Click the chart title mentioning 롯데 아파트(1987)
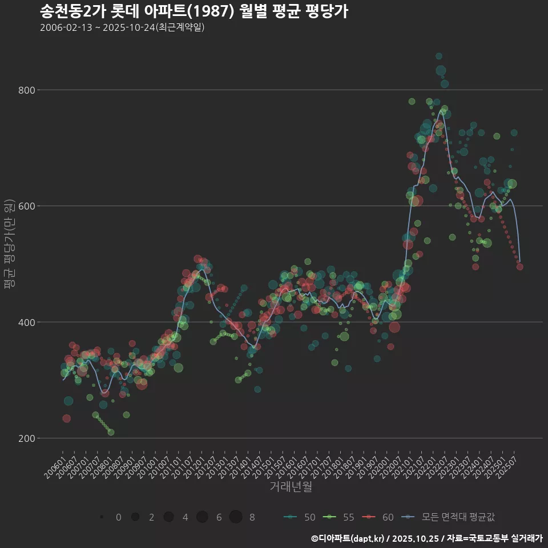[194, 11]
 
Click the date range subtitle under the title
[122, 27]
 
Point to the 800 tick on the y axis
[28, 90]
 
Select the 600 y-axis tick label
[28, 206]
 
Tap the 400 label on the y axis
[28, 322]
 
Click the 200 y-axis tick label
[28, 438]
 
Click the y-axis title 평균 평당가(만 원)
[9, 245]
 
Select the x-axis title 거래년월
[291, 487]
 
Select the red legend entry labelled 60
[378, 517]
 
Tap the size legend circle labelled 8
[236, 517]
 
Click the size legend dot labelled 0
[102, 517]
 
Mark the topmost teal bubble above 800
[438, 56]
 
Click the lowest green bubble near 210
[111, 432]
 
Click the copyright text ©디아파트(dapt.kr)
[348, 538]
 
